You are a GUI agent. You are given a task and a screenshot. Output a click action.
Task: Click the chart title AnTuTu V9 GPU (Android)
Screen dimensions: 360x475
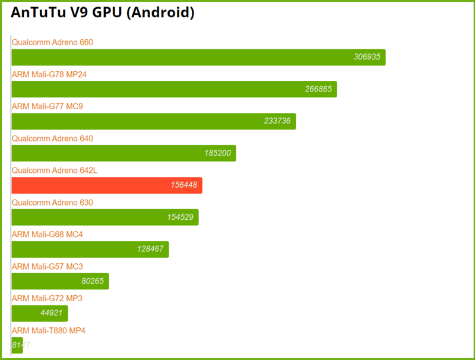[103, 13]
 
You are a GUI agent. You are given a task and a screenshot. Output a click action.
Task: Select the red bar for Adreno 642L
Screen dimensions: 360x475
[107, 185]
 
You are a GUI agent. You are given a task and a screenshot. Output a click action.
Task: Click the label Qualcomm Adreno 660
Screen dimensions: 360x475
[52, 42]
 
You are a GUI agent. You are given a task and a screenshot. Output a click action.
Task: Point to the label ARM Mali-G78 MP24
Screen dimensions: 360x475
[50, 74]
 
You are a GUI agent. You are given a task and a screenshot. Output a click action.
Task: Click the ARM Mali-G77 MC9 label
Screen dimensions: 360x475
[47, 106]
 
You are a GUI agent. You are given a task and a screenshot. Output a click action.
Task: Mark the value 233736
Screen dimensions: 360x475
[277, 121]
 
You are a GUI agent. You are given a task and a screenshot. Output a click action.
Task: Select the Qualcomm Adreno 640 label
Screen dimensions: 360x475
[52, 138]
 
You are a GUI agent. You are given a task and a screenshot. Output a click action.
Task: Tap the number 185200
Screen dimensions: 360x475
[217, 153]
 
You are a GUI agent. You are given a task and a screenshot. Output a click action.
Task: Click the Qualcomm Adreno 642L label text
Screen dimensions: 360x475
[55, 170]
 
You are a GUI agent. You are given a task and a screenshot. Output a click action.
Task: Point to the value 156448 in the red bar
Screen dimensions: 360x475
[183, 185]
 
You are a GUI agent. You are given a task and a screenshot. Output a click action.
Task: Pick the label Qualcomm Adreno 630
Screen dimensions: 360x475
[52, 203]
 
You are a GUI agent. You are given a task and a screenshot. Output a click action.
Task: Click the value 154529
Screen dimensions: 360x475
[180, 217]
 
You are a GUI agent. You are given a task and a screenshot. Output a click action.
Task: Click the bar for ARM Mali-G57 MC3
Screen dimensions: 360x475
[60, 282]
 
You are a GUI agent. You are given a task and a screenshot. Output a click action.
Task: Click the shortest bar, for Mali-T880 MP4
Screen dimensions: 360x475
[17, 345]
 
